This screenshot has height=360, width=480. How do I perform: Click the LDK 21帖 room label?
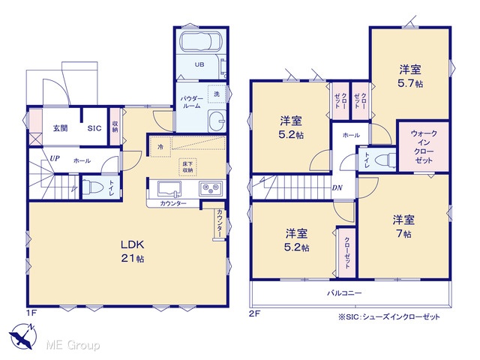132,251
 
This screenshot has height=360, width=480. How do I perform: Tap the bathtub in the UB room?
200,41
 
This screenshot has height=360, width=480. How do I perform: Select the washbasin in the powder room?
217,121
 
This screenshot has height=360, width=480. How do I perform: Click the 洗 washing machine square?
217,94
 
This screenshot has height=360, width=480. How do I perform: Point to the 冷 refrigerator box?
160,147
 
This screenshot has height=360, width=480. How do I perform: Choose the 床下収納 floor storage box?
187,167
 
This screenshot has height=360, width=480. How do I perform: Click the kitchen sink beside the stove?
169,189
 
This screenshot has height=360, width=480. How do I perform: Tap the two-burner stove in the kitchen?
211,188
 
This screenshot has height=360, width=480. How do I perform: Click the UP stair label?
55,158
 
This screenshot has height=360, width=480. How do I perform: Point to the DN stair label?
337,187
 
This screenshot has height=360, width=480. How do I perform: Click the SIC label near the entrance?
94,128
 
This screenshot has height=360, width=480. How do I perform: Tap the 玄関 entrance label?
60,128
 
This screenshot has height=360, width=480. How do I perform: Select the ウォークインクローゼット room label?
424,147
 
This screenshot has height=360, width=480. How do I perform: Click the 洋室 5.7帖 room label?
410,76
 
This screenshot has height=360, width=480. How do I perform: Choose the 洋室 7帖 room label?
403,226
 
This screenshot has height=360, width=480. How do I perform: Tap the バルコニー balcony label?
344,293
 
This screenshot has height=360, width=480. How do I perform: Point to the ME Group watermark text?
73,345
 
